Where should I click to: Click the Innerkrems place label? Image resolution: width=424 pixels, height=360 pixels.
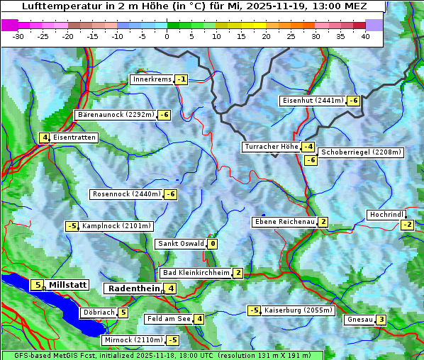click(x=152, y=79)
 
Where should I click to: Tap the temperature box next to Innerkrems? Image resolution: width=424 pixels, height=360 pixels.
click(x=182, y=79)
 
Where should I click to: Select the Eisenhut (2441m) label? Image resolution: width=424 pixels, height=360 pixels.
click(x=312, y=101)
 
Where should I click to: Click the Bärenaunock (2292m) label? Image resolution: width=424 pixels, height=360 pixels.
click(x=115, y=115)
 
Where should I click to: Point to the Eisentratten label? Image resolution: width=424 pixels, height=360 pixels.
click(x=74, y=137)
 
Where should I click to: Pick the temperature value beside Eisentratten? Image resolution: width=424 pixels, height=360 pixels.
click(x=44, y=137)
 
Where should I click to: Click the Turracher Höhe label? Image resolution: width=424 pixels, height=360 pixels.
click(x=271, y=147)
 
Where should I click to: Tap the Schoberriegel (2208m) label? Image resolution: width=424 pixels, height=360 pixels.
click(x=361, y=152)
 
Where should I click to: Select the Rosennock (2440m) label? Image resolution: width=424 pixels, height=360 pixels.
click(x=126, y=194)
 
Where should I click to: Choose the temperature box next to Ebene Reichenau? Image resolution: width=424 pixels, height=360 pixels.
click(x=323, y=222)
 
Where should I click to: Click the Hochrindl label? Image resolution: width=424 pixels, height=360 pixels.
click(x=386, y=215)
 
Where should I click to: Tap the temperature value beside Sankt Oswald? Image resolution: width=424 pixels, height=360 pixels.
click(x=212, y=244)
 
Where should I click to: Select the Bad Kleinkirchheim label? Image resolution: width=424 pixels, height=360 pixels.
click(x=196, y=273)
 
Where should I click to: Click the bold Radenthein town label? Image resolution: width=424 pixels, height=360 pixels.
click(x=133, y=288)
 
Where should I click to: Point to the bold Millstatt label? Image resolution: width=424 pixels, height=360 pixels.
click(x=68, y=285)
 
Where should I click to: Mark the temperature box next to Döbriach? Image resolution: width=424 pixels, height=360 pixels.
click(x=123, y=313)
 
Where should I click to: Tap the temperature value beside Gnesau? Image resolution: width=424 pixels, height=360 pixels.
click(x=381, y=320)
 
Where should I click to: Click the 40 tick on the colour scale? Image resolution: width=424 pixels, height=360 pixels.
click(x=365, y=35)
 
